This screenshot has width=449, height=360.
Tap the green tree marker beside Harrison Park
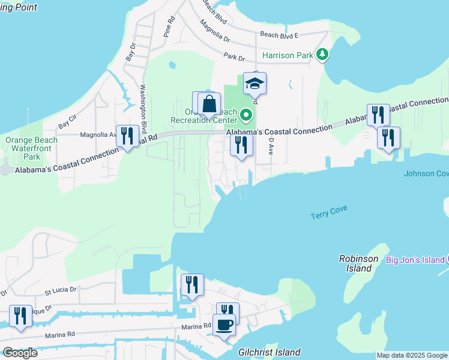[x=323, y=55]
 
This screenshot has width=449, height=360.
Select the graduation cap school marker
[x=255, y=83]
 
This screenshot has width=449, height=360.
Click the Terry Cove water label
[x=329, y=212]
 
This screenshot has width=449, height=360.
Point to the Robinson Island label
[x=359, y=263]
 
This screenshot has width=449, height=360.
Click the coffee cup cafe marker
[x=224, y=325]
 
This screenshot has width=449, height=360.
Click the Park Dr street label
[x=234, y=58]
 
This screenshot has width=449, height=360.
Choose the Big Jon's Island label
[x=414, y=260]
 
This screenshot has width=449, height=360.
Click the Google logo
[x=20, y=353]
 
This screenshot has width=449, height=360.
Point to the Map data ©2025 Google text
[x=411, y=356]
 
